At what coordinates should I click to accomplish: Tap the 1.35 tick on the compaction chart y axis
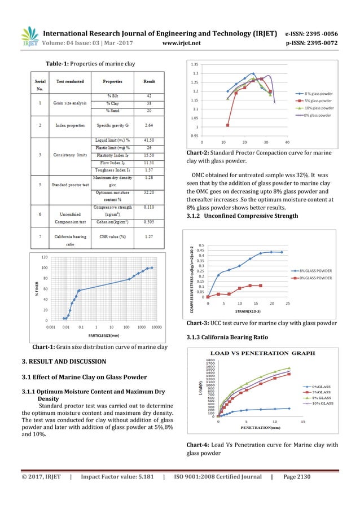194,64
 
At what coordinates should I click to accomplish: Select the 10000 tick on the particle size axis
157,327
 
